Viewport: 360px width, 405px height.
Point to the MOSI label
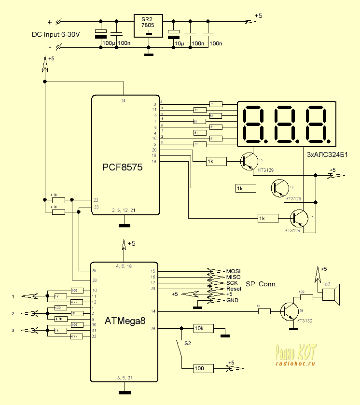pyautogui.click(x=233, y=271)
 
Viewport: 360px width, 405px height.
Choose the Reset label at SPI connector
pyautogui.click(x=234, y=289)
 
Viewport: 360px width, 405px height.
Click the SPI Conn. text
pyautogui.click(x=262, y=284)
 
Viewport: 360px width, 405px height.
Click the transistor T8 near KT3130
pyautogui.click(x=291, y=311)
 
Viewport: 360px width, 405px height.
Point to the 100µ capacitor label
pyautogui.click(x=109, y=43)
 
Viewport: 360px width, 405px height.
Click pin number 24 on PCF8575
pyautogui.click(x=124, y=100)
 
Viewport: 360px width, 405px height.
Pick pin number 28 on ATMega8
pyautogui.click(x=153, y=328)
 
